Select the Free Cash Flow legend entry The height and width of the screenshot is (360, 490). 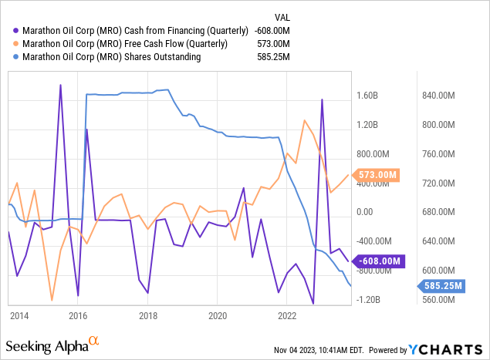tap(123, 43)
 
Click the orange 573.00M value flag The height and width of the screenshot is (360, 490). tap(377, 175)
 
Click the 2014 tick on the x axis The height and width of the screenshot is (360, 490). tap(19, 316)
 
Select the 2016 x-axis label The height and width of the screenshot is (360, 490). tap(78, 316)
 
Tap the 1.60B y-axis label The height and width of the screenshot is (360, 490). tap(367, 96)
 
